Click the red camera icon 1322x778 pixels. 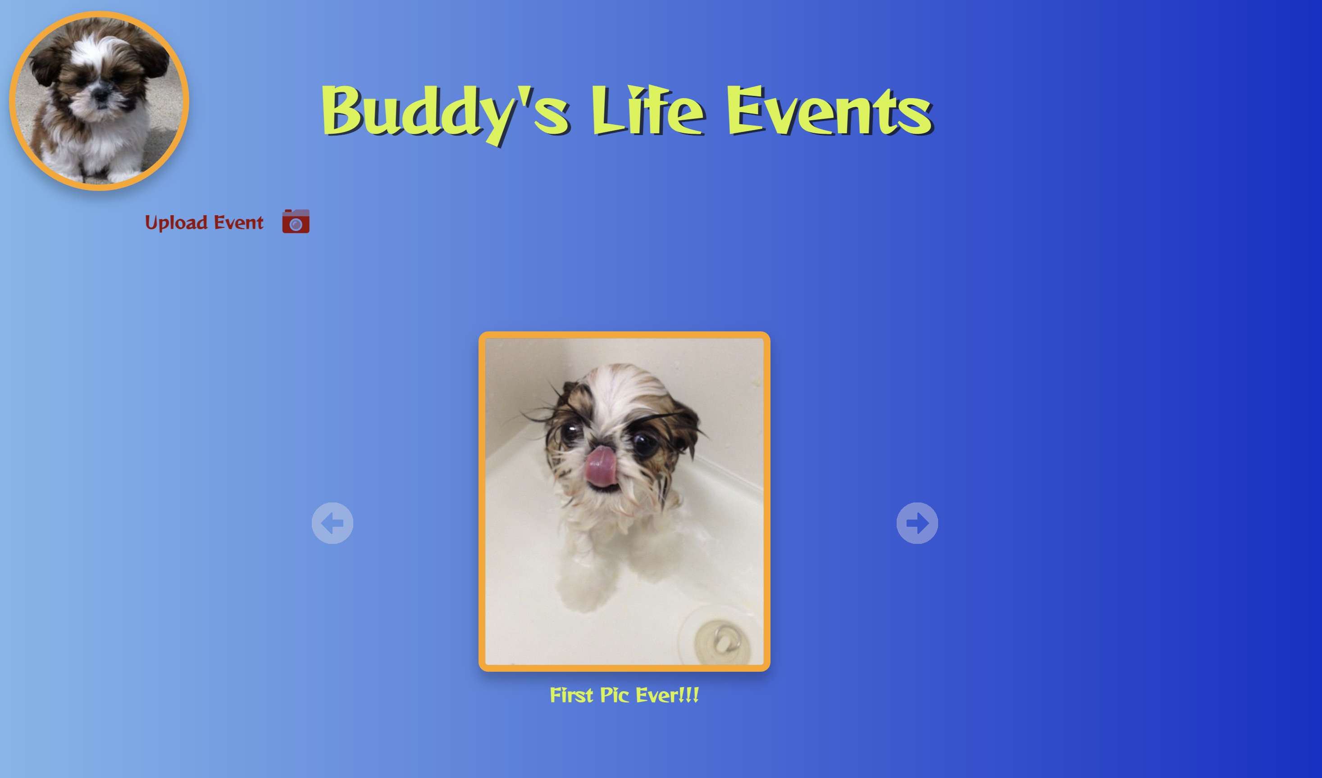point(296,221)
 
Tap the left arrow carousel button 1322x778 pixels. point(333,523)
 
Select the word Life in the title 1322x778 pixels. point(648,110)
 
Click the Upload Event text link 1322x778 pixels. point(204,223)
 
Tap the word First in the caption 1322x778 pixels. point(571,695)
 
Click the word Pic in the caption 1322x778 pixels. point(614,695)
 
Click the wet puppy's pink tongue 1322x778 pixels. point(602,466)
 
